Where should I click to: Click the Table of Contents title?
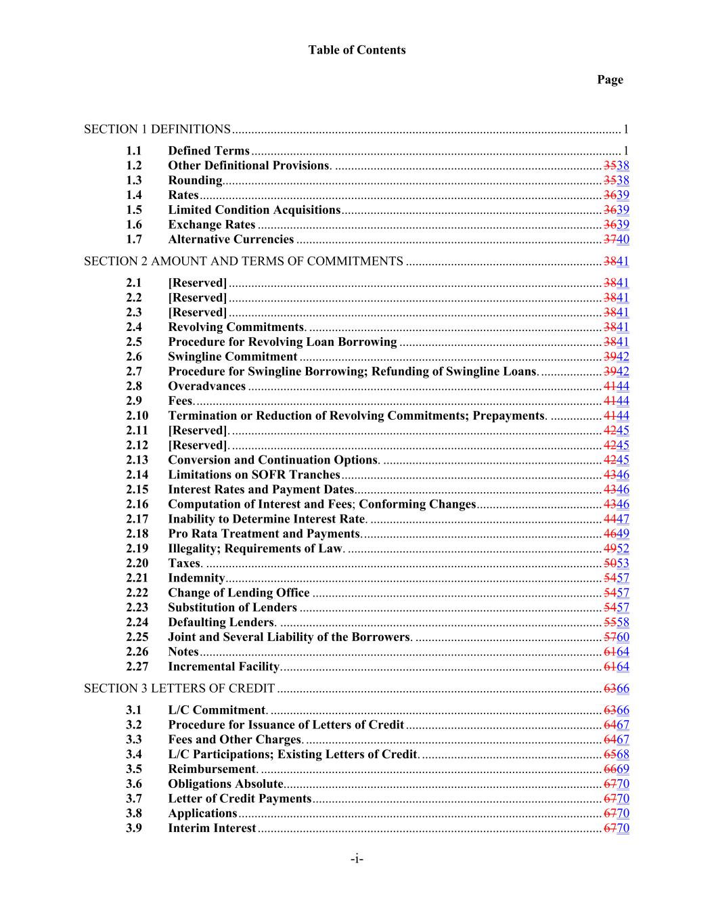coord(357,50)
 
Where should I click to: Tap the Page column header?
coord(609,80)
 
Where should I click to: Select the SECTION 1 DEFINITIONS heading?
coord(157,129)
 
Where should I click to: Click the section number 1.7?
coord(134,239)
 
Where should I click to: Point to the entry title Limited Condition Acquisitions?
coord(254,210)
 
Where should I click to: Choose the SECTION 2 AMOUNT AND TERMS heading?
coord(243,261)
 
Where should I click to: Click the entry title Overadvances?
coord(206,387)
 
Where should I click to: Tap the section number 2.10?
coord(137,416)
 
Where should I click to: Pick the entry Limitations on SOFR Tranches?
coord(254,475)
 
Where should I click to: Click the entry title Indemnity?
coord(196,578)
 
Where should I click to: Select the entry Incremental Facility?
coord(223,667)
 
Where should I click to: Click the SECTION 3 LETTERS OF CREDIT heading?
coord(179,688)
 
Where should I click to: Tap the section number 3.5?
coord(134,769)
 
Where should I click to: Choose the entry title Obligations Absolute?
coord(225,784)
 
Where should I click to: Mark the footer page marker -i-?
coord(357,860)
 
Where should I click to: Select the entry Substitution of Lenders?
coord(232,608)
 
